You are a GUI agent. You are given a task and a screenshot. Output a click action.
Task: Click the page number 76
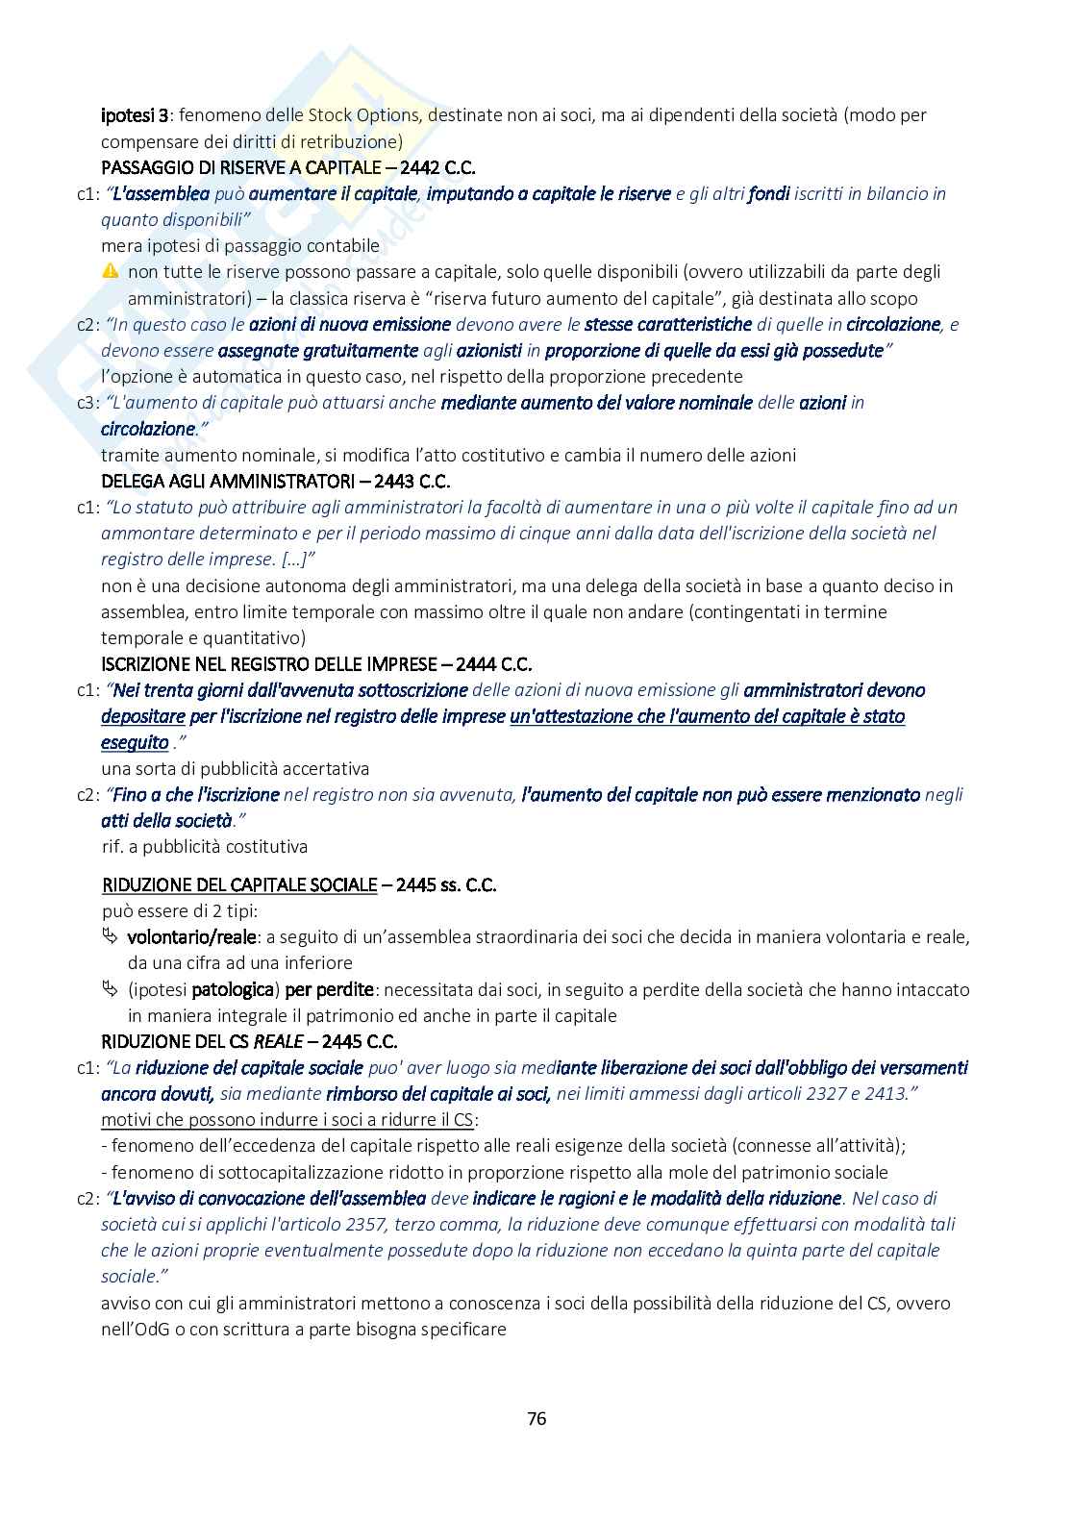click(x=536, y=1418)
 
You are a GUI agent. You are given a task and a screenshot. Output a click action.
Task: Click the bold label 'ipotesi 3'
click(x=136, y=115)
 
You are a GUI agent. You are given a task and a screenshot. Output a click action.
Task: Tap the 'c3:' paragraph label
click(x=87, y=403)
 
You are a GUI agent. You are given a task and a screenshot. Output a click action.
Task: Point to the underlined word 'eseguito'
click(x=135, y=742)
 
